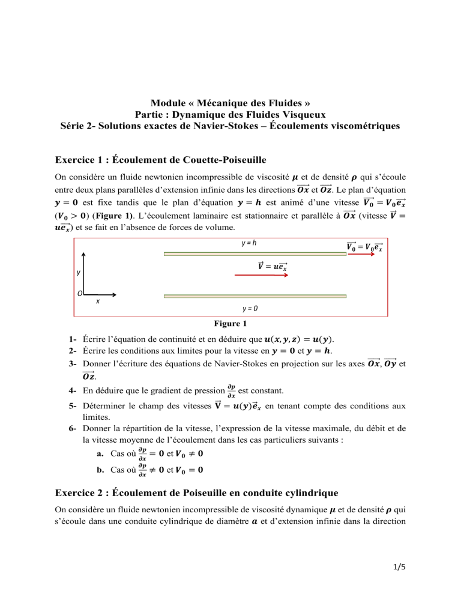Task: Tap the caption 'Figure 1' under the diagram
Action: point(230,323)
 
